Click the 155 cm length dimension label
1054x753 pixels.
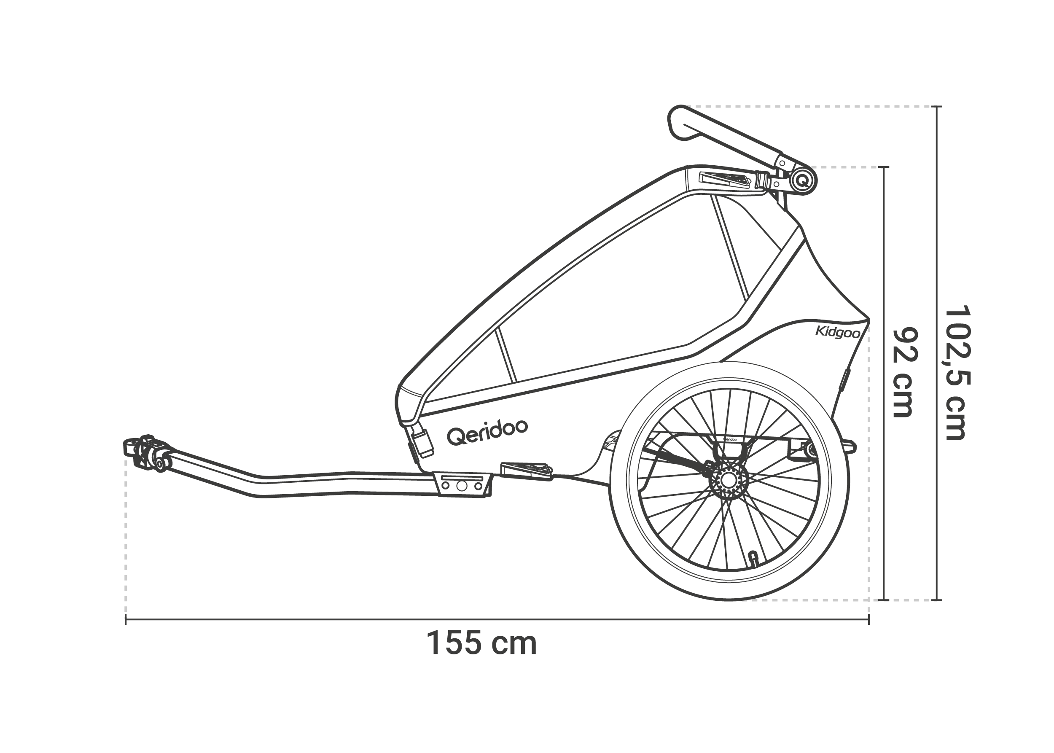tap(481, 643)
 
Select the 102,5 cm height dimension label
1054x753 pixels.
tap(956, 372)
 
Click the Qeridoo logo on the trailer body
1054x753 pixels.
tap(487, 432)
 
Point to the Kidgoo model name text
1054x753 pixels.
tap(838, 332)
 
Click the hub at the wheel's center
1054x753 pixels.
tap(729, 480)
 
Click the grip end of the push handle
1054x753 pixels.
tap(681, 122)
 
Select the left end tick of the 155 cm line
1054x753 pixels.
tap(126, 619)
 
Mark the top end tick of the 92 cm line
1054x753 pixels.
tap(884, 167)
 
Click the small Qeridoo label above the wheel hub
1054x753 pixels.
tap(730, 438)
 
